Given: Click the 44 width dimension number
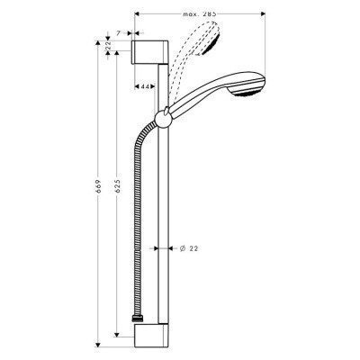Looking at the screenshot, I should tap(144, 86).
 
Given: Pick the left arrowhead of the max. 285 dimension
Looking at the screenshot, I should tap(136, 15).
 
